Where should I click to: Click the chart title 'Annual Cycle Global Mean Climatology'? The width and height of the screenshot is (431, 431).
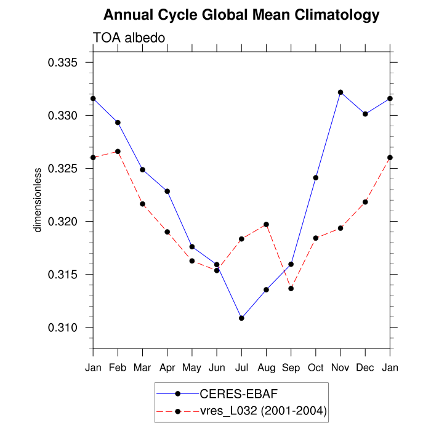click(241, 15)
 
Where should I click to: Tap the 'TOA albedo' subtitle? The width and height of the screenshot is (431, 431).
click(129, 38)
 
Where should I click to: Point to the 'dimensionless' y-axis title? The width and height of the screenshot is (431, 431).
click(38, 199)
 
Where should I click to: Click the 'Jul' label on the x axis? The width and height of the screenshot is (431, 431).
click(241, 368)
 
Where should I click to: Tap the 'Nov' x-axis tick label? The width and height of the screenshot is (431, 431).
click(340, 368)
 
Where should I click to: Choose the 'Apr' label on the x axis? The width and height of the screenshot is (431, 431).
click(167, 368)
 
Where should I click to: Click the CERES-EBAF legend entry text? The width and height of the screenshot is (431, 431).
click(228, 393)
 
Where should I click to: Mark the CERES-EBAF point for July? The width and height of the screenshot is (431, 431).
click(241, 318)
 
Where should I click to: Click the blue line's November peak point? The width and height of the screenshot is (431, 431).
click(340, 92)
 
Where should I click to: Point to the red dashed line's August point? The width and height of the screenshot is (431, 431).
click(266, 224)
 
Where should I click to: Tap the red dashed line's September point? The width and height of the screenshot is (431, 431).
click(291, 288)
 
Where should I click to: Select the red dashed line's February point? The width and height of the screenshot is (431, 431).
click(118, 151)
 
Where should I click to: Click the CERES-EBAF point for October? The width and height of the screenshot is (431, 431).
click(316, 177)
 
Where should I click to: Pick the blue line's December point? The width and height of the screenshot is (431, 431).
click(365, 114)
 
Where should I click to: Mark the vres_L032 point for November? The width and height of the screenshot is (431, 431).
click(340, 228)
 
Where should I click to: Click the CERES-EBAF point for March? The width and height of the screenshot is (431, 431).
click(142, 169)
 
